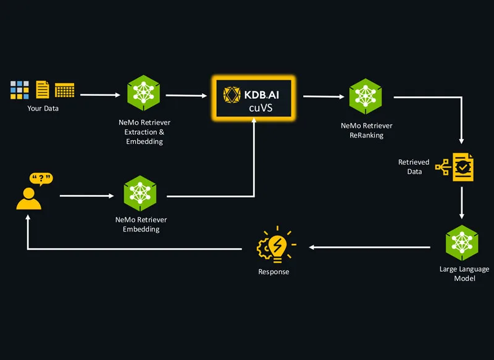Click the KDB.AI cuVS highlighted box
(253, 99)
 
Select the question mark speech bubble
(41, 179)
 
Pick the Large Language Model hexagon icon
(463, 242)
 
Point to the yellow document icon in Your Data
(43, 90)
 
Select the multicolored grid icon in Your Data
(20, 90)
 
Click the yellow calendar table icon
(65, 90)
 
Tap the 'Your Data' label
(43, 109)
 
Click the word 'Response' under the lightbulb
(274, 272)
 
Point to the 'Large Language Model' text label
(464, 274)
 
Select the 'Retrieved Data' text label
(413, 167)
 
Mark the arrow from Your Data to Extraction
(100, 95)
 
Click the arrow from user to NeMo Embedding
(87, 196)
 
